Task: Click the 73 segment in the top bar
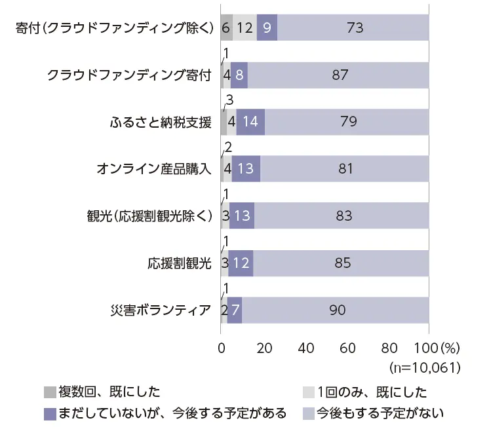[x=354, y=28]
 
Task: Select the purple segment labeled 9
[x=267, y=28]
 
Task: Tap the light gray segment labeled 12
[x=245, y=28]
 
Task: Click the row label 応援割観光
[x=179, y=263]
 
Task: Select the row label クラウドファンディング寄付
[x=130, y=75]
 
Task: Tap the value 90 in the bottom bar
[x=337, y=310]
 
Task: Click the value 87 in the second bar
[x=340, y=75]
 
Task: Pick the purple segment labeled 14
[x=250, y=122]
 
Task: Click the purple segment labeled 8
[x=239, y=75]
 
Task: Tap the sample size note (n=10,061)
[x=424, y=366]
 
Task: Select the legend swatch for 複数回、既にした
[x=50, y=392]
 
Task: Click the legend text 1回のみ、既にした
[x=372, y=392]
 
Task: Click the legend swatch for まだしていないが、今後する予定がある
[x=50, y=413]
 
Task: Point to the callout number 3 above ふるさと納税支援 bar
[x=229, y=100]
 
